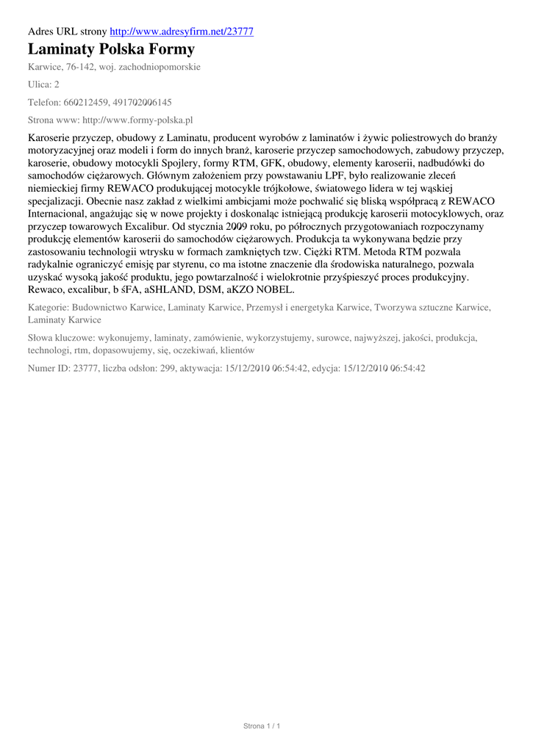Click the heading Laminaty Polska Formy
tap(111, 50)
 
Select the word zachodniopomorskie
tap(160, 67)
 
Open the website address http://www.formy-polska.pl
tap(137, 120)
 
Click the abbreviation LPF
tap(338, 176)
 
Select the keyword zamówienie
tap(211, 338)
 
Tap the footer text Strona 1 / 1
tap(262, 726)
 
